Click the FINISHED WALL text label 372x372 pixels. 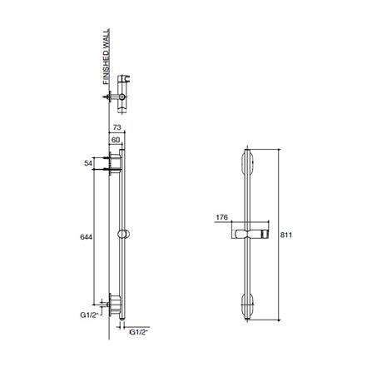click(104, 61)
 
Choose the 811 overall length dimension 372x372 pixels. click(285, 236)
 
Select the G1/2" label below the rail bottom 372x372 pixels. click(141, 332)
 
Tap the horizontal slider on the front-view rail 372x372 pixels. click(248, 233)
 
